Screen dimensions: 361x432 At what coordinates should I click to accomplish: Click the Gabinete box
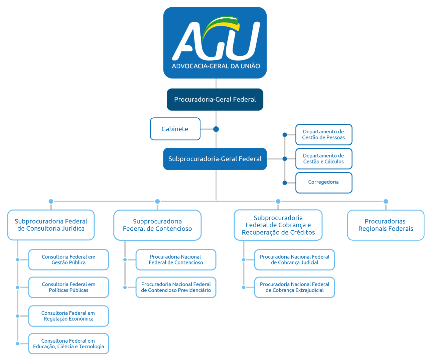tap(175, 129)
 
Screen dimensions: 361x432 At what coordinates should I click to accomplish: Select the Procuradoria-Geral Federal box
tap(215, 99)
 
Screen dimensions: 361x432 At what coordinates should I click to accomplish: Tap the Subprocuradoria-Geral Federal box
tap(215, 159)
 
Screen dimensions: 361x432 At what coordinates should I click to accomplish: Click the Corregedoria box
tap(323, 183)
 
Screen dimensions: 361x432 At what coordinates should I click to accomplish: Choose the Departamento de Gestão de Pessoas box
tap(323, 134)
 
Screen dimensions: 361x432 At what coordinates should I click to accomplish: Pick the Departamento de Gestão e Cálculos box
tap(323, 158)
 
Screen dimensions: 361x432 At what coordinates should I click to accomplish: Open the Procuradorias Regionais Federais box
tap(386, 225)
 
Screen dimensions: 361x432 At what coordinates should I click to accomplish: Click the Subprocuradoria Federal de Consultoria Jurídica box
tap(51, 225)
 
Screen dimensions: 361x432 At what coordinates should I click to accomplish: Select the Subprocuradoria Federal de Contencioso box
tap(157, 225)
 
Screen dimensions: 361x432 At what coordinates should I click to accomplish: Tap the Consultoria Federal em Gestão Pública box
tap(68, 260)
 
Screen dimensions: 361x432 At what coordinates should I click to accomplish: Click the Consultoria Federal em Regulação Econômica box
tap(68, 316)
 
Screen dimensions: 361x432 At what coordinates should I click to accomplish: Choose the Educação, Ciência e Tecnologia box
tap(68, 344)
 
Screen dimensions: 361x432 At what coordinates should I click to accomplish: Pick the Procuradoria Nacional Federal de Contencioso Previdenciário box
tap(176, 287)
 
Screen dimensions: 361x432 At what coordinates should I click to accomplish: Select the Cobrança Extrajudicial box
tap(294, 287)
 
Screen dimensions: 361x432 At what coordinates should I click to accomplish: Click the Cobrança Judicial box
tap(294, 260)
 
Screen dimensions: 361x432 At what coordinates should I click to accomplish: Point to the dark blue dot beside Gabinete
tap(216, 129)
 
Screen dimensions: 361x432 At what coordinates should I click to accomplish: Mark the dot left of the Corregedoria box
tap(285, 183)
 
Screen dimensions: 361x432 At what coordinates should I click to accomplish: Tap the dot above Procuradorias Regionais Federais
tap(386, 201)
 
